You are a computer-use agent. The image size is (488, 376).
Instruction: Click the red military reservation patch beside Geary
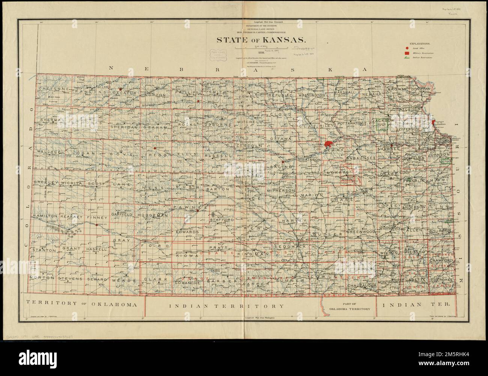(x=328, y=144)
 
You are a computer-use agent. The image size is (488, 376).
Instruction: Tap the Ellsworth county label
(x=248, y=176)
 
